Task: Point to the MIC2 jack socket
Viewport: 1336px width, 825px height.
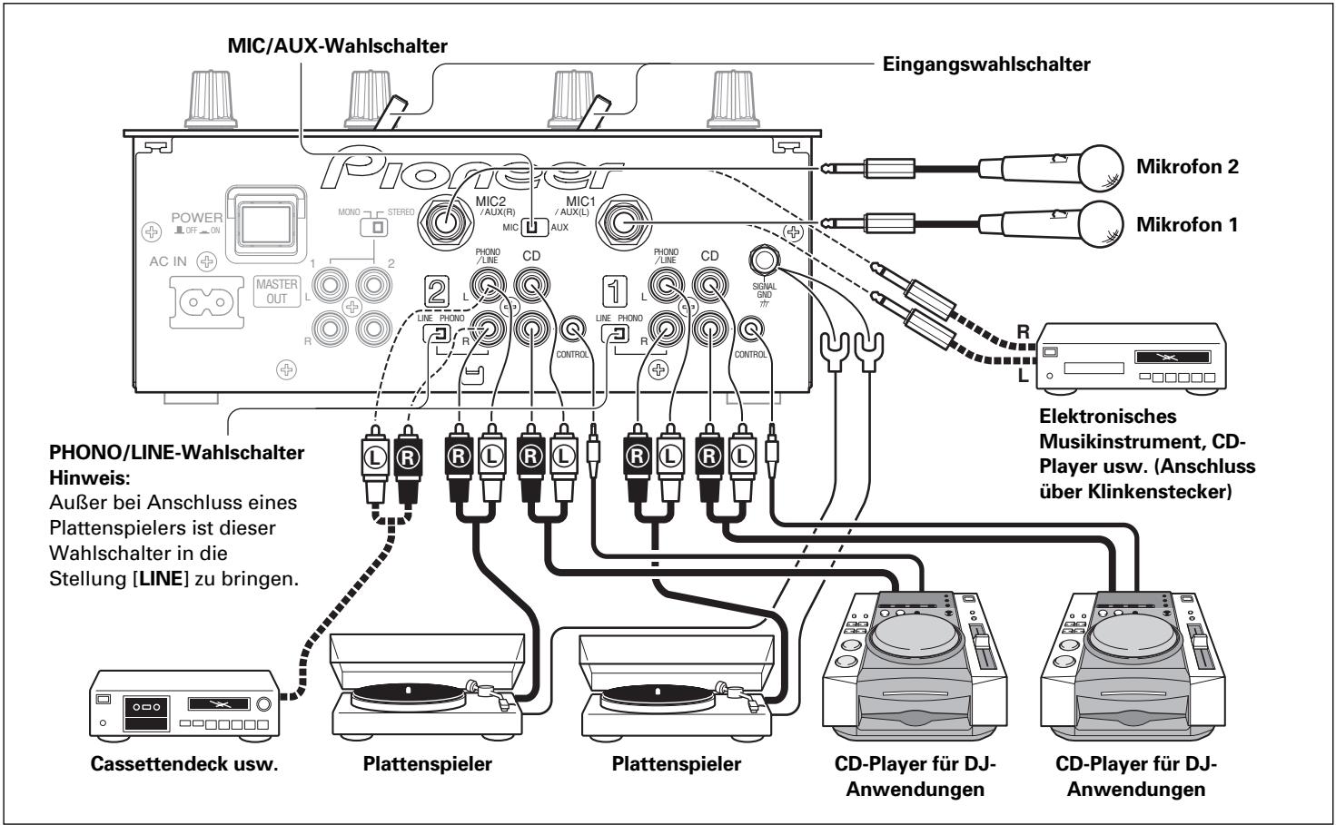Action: (446, 221)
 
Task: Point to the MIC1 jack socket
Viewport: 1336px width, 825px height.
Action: (628, 221)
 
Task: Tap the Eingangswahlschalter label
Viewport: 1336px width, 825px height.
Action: (986, 64)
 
